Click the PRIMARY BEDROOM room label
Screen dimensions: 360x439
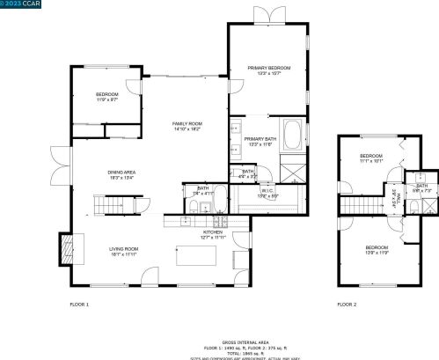tap(268, 69)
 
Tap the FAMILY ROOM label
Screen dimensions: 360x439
tap(187, 125)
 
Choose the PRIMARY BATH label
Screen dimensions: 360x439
tap(260, 140)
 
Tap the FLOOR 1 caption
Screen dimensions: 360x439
tap(80, 304)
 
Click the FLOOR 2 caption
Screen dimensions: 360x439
tap(347, 304)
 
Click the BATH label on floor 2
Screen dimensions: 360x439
tap(421, 187)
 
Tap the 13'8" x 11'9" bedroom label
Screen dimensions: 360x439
tap(377, 249)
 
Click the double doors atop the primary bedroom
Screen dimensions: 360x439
tap(267, 15)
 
